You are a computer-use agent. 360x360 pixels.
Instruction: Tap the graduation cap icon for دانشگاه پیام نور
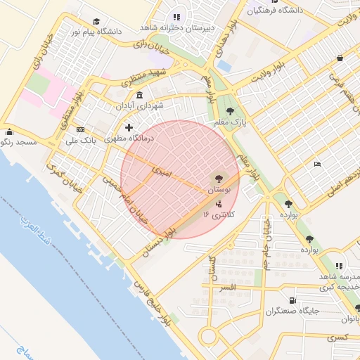pyautogui.click(x=96, y=21)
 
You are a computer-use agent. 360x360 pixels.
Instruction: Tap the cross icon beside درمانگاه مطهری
pyautogui.click(x=128, y=127)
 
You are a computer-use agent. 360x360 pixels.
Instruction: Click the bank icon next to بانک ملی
pyautogui.click(x=80, y=130)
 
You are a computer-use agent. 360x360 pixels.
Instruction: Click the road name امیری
pyautogui.click(x=161, y=168)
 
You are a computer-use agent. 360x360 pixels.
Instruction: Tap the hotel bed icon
pyautogui.click(x=317, y=164)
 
